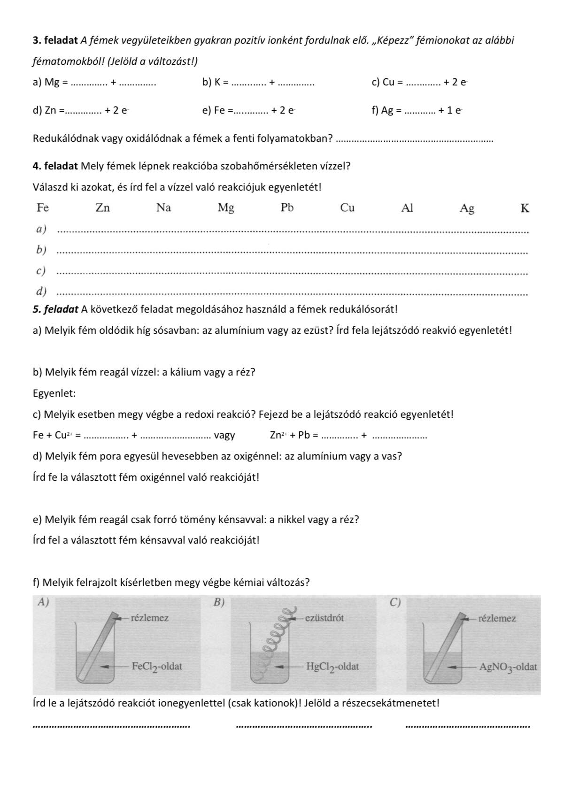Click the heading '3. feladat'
[x=55, y=40]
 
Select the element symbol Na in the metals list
[x=163, y=207]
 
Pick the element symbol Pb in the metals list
[x=287, y=207]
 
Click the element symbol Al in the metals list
[x=407, y=207]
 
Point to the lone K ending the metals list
[x=525, y=208]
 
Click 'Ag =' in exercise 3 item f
[x=391, y=111]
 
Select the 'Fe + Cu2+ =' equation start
[x=57, y=435]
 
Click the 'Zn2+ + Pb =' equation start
[x=294, y=435]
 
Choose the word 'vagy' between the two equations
[x=224, y=435]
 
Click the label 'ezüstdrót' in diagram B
[x=324, y=618]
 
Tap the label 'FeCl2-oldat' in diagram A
[x=157, y=666]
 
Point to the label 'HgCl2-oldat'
[x=332, y=666]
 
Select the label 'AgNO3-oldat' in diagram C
[x=508, y=666]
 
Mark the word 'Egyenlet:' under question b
[x=54, y=393]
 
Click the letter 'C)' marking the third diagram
[x=396, y=602]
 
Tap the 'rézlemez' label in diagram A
[x=149, y=618]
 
